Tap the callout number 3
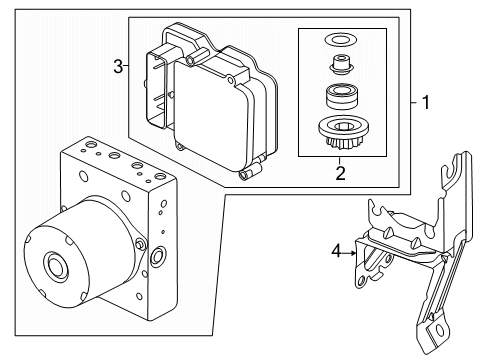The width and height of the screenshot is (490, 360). pos(118,67)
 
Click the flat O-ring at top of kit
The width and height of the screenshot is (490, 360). pos(340,41)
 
